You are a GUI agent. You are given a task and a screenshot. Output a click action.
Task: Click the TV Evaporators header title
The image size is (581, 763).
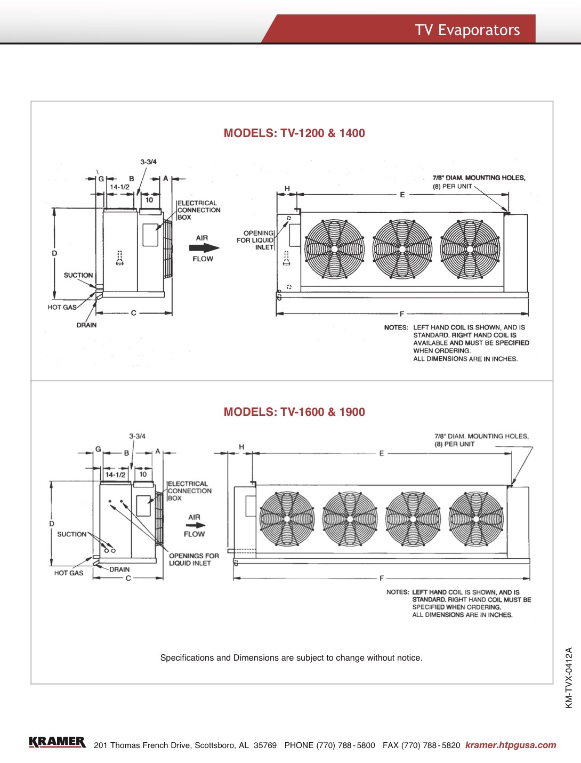(467, 30)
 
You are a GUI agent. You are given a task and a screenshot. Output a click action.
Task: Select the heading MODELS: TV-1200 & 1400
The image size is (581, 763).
(294, 133)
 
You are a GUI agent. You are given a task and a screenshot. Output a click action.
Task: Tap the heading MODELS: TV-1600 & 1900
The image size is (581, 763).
(294, 412)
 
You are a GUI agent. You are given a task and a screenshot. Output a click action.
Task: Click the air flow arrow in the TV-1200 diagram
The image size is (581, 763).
(204, 248)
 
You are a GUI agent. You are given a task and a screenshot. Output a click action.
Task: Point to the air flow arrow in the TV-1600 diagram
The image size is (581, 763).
(195, 525)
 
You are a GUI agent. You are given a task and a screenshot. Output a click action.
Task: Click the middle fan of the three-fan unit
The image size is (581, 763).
(402, 249)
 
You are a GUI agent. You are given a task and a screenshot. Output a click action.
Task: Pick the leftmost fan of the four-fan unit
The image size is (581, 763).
(287, 519)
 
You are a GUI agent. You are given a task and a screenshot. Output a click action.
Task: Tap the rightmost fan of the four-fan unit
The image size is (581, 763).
(476, 519)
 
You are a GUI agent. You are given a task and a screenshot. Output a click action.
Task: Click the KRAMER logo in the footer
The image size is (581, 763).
(57, 742)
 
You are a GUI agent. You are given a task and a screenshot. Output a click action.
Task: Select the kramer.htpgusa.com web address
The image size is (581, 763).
(510, 745)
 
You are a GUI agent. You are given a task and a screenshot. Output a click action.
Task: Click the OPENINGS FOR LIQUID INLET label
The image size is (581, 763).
(193, 559)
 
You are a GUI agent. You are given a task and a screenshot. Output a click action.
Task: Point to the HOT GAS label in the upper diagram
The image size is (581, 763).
(62, 307)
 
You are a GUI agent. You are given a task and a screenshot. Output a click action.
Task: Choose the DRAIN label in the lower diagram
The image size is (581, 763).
(119, 569)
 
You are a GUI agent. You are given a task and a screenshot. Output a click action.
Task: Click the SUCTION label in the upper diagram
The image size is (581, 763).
(78, 275)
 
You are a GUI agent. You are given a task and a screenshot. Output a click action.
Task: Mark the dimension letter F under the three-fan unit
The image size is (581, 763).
(402, 314)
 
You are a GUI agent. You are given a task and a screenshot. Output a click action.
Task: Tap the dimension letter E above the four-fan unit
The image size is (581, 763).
(382, 454)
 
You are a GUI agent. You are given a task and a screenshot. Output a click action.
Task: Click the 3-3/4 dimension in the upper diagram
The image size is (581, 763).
(148, 162)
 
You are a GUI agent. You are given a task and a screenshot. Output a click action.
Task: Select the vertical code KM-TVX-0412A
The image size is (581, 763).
(569, 678)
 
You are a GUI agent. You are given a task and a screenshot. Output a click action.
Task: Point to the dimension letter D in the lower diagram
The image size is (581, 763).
(52, 524)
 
